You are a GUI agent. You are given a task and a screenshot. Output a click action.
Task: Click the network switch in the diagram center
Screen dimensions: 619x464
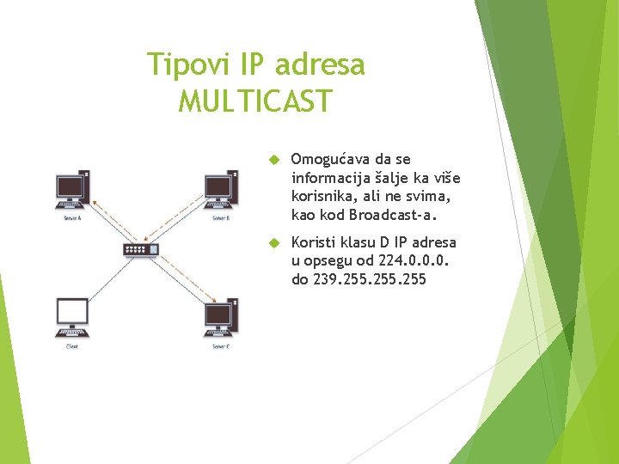(141, 250)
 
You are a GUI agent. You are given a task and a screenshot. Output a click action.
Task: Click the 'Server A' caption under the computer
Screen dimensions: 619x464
(72, 218)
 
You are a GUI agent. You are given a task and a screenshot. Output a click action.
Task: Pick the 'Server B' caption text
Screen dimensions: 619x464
(221, 218)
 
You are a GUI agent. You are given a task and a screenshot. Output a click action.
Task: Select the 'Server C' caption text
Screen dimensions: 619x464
(221, 346)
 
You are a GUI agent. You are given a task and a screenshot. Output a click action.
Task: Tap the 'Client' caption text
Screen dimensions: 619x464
(72, 346)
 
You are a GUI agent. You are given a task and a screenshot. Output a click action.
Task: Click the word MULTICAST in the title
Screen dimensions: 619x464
(254, 101)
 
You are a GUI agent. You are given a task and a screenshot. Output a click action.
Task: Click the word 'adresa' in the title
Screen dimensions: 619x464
(322, 64)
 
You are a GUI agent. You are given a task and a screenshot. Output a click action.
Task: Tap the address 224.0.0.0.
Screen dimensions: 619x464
(420, 260)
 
